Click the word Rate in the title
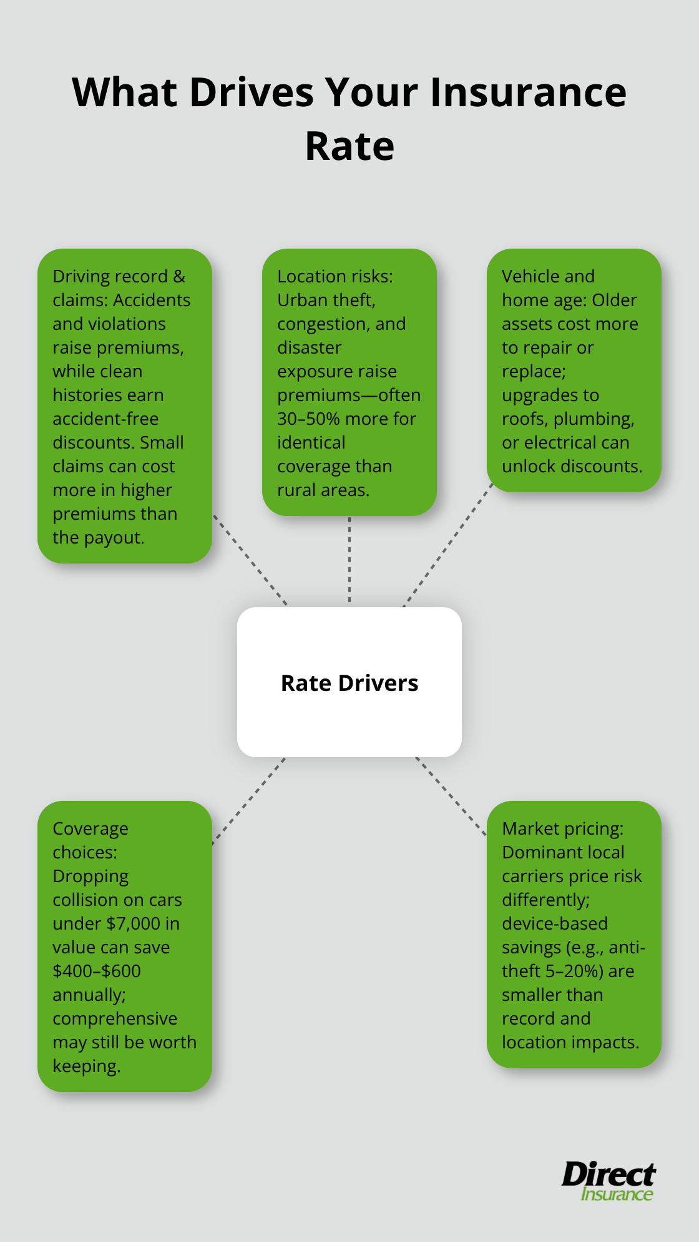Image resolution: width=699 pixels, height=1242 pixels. click(349, 146)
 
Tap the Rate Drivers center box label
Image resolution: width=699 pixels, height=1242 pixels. click(349, 683)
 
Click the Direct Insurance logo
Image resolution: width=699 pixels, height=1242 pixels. click(609, 1181)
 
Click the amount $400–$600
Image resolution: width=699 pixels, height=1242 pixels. click(97, 971)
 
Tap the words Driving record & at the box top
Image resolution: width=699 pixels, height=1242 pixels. click(119, 276)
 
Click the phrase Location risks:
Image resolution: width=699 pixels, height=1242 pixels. click(335, 276)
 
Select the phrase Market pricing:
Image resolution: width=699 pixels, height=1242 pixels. click(562, 828)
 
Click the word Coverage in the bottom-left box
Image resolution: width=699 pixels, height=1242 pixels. click(90, 828)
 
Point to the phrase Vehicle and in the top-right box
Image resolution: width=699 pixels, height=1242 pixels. click(548, 276)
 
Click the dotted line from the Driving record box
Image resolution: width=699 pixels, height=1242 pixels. click(250, 560)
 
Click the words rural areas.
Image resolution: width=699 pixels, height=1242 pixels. click(323, 490)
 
